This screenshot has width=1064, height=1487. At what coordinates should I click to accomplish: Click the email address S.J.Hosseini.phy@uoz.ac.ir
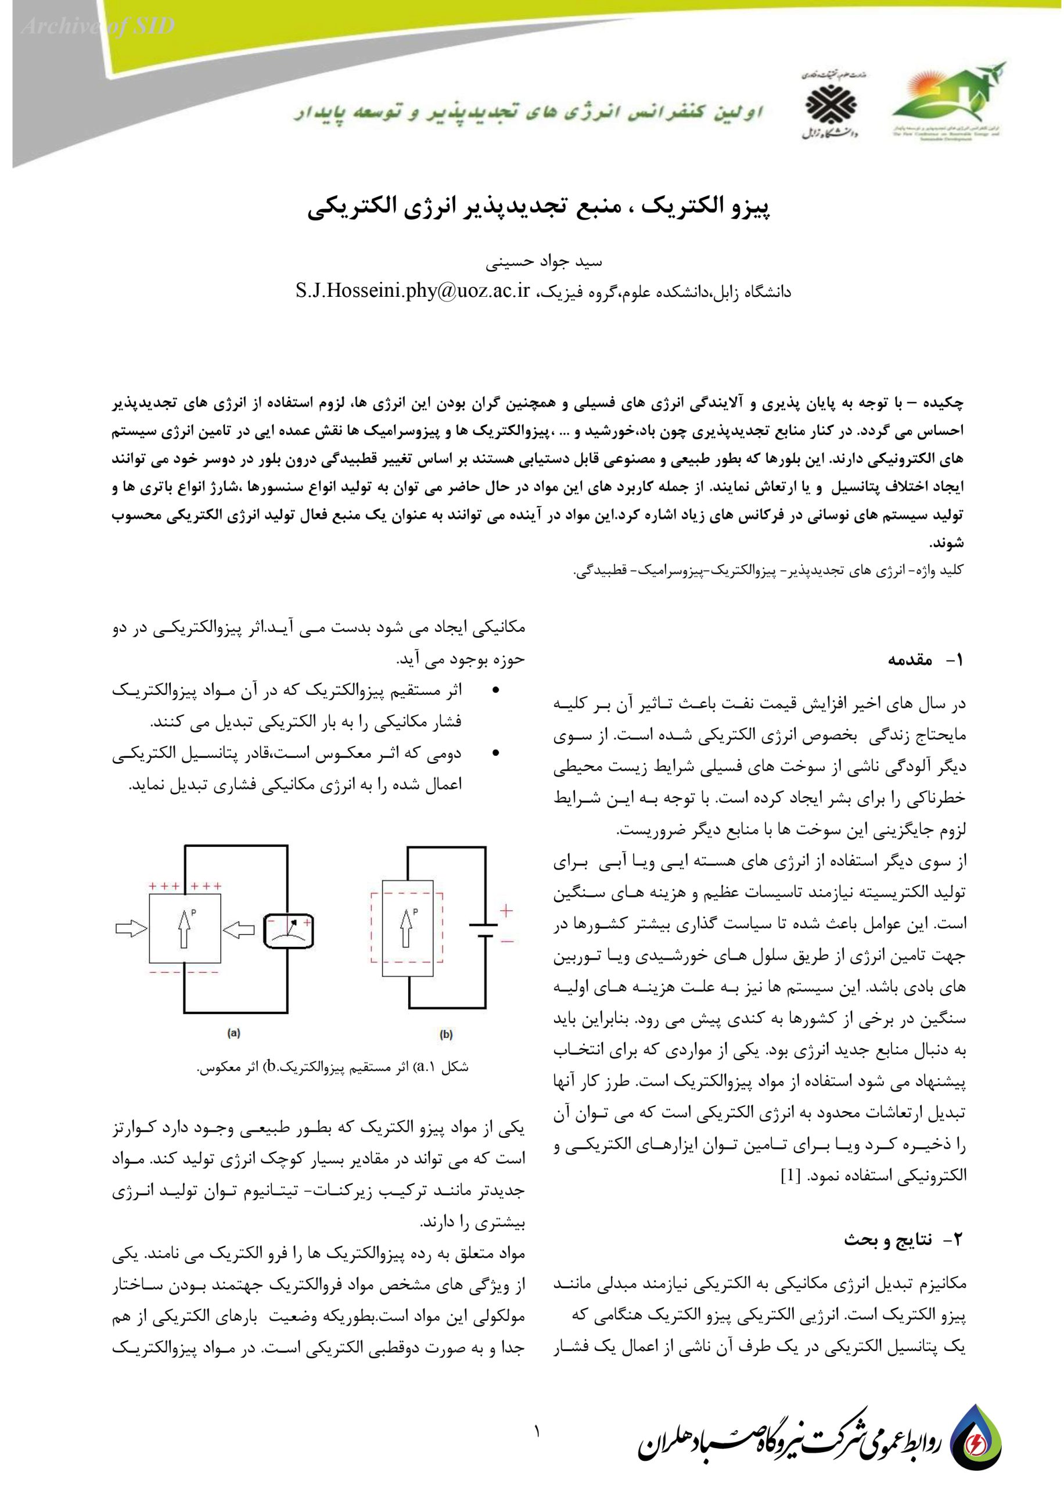[x=412, y=291]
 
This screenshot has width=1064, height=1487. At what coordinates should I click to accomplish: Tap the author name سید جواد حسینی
[x=543, y=263]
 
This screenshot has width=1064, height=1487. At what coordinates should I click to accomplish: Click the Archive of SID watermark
[x=98, y=27]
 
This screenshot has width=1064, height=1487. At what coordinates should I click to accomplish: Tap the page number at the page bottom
[x=537, y=1432]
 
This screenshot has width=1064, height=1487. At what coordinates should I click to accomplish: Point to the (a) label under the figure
[x=234, y=1034]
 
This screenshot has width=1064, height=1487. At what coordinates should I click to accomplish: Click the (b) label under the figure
[x=446, y=1035]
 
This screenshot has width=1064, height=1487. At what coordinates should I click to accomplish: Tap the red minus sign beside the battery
[x=506, y=940]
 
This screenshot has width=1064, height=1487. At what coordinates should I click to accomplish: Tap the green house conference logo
[x=948, y=98]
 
